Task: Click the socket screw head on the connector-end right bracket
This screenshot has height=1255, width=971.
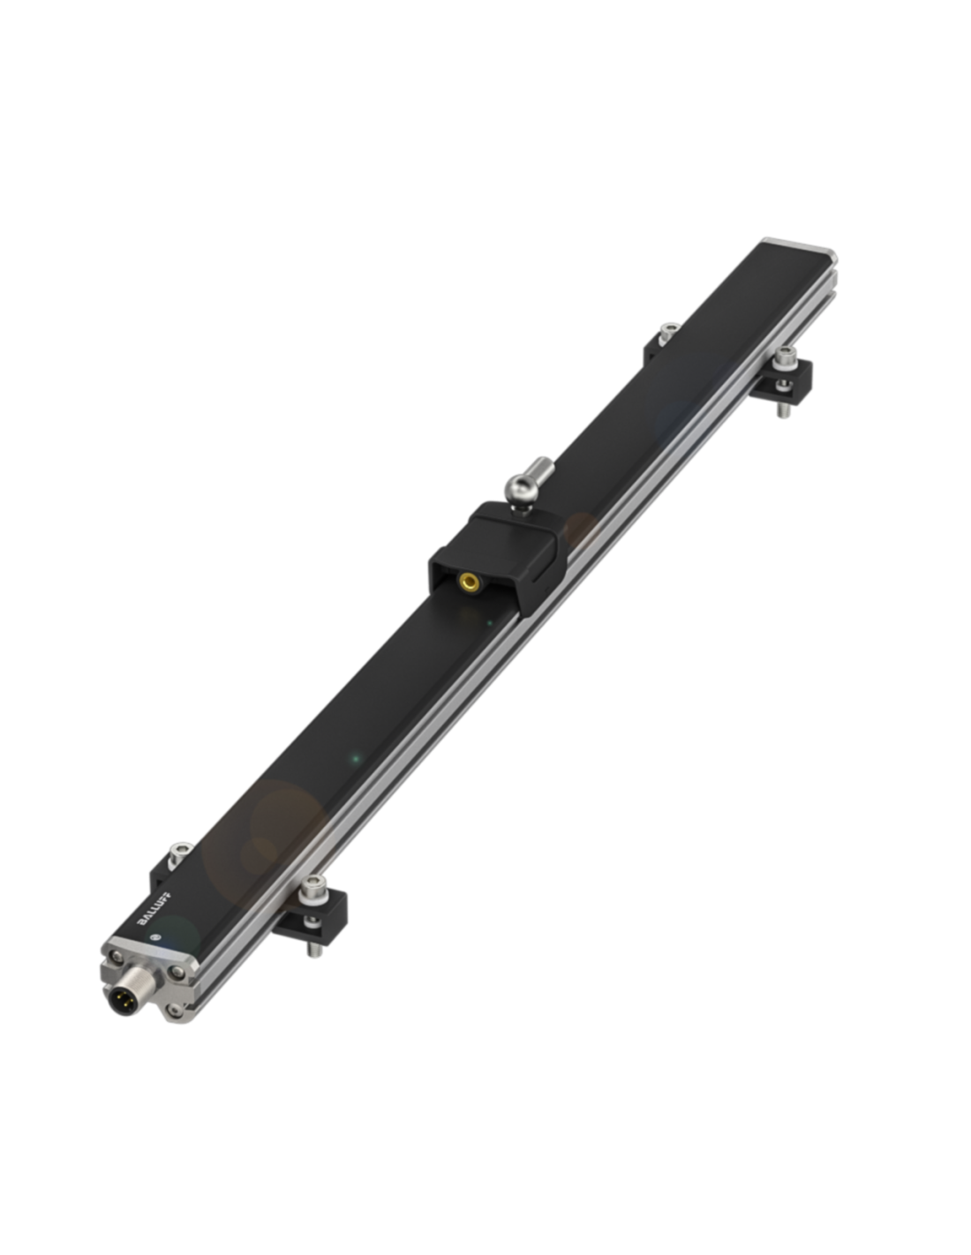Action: [x=312, y=884]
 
